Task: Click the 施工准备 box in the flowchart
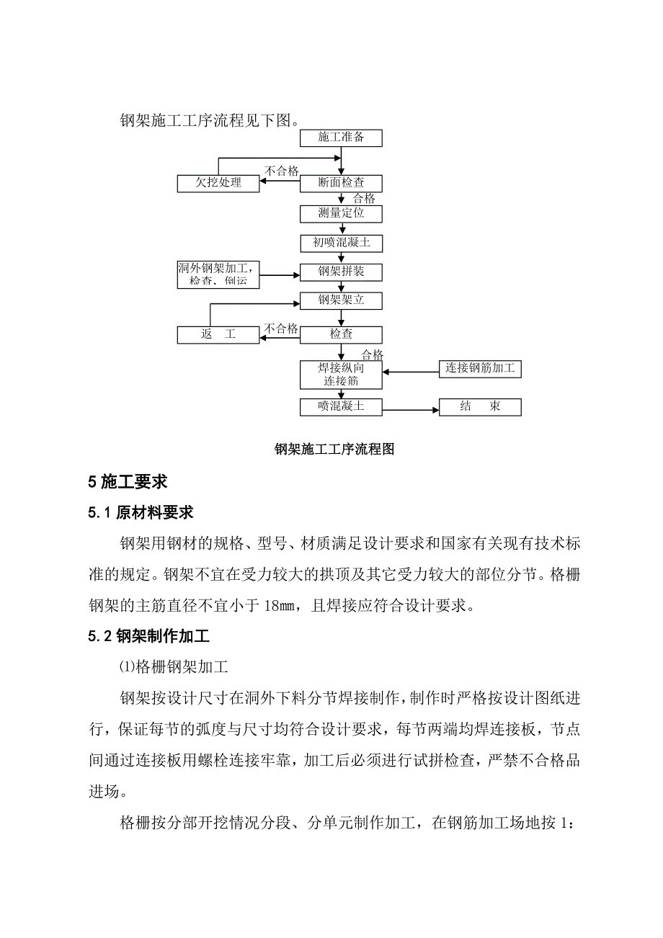tap(341, 138)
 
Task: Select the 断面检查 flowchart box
tap(341, 183)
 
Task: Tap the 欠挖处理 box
tap(219, 183)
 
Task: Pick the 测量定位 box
tap(341, 213)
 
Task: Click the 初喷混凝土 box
tap(341, 243)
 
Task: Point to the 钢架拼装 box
tap(341, 272)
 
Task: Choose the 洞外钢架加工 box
tap(218, 274)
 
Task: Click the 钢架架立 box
tap(341, 300)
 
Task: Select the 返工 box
tap(219, 334)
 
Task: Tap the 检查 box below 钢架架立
tap(341, 334)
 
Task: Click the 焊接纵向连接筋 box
tap(341, 375)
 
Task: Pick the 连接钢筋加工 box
tap(480, 368)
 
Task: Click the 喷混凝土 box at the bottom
tap(341, 407)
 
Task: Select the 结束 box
tap(480, 407)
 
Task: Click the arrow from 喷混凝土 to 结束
tap(411, 410)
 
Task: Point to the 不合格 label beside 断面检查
tap(282, 171)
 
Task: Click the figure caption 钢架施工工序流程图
tap(334, 450)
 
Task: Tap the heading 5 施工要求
tap(128, 482)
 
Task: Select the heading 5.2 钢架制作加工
tap(148, 637)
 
